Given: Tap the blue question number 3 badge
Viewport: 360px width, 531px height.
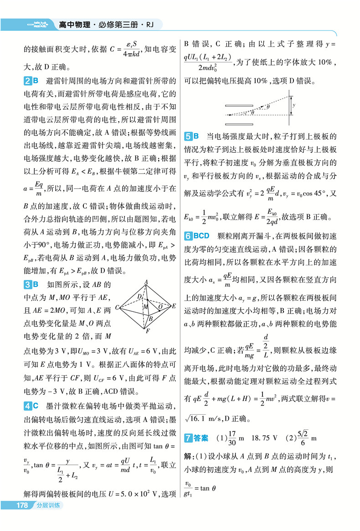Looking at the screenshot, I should pyautogui.click(x=26, y=285).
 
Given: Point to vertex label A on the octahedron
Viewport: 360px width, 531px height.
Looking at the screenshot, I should pyautogui.click(x=145, y=281).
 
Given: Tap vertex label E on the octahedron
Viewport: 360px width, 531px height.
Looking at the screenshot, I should pyautogui.click(x=174, y=307).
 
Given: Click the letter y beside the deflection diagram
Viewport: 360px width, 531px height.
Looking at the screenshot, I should pyautogui.click(x=294, y=104).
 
